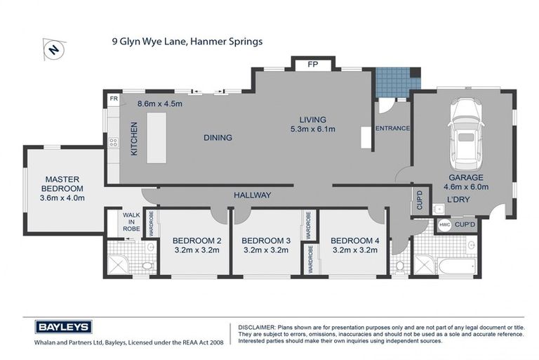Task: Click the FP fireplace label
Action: point(314,64)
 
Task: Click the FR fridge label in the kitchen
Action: point(113,100)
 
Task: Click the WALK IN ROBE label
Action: point(131,221)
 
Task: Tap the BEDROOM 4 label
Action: point(354,240)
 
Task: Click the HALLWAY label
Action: point(252,195)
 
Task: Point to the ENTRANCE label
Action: point(392,128)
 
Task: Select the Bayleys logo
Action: point(63,326)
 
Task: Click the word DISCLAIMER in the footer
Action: point(258,328)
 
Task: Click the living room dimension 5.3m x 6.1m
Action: point(312,129)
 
